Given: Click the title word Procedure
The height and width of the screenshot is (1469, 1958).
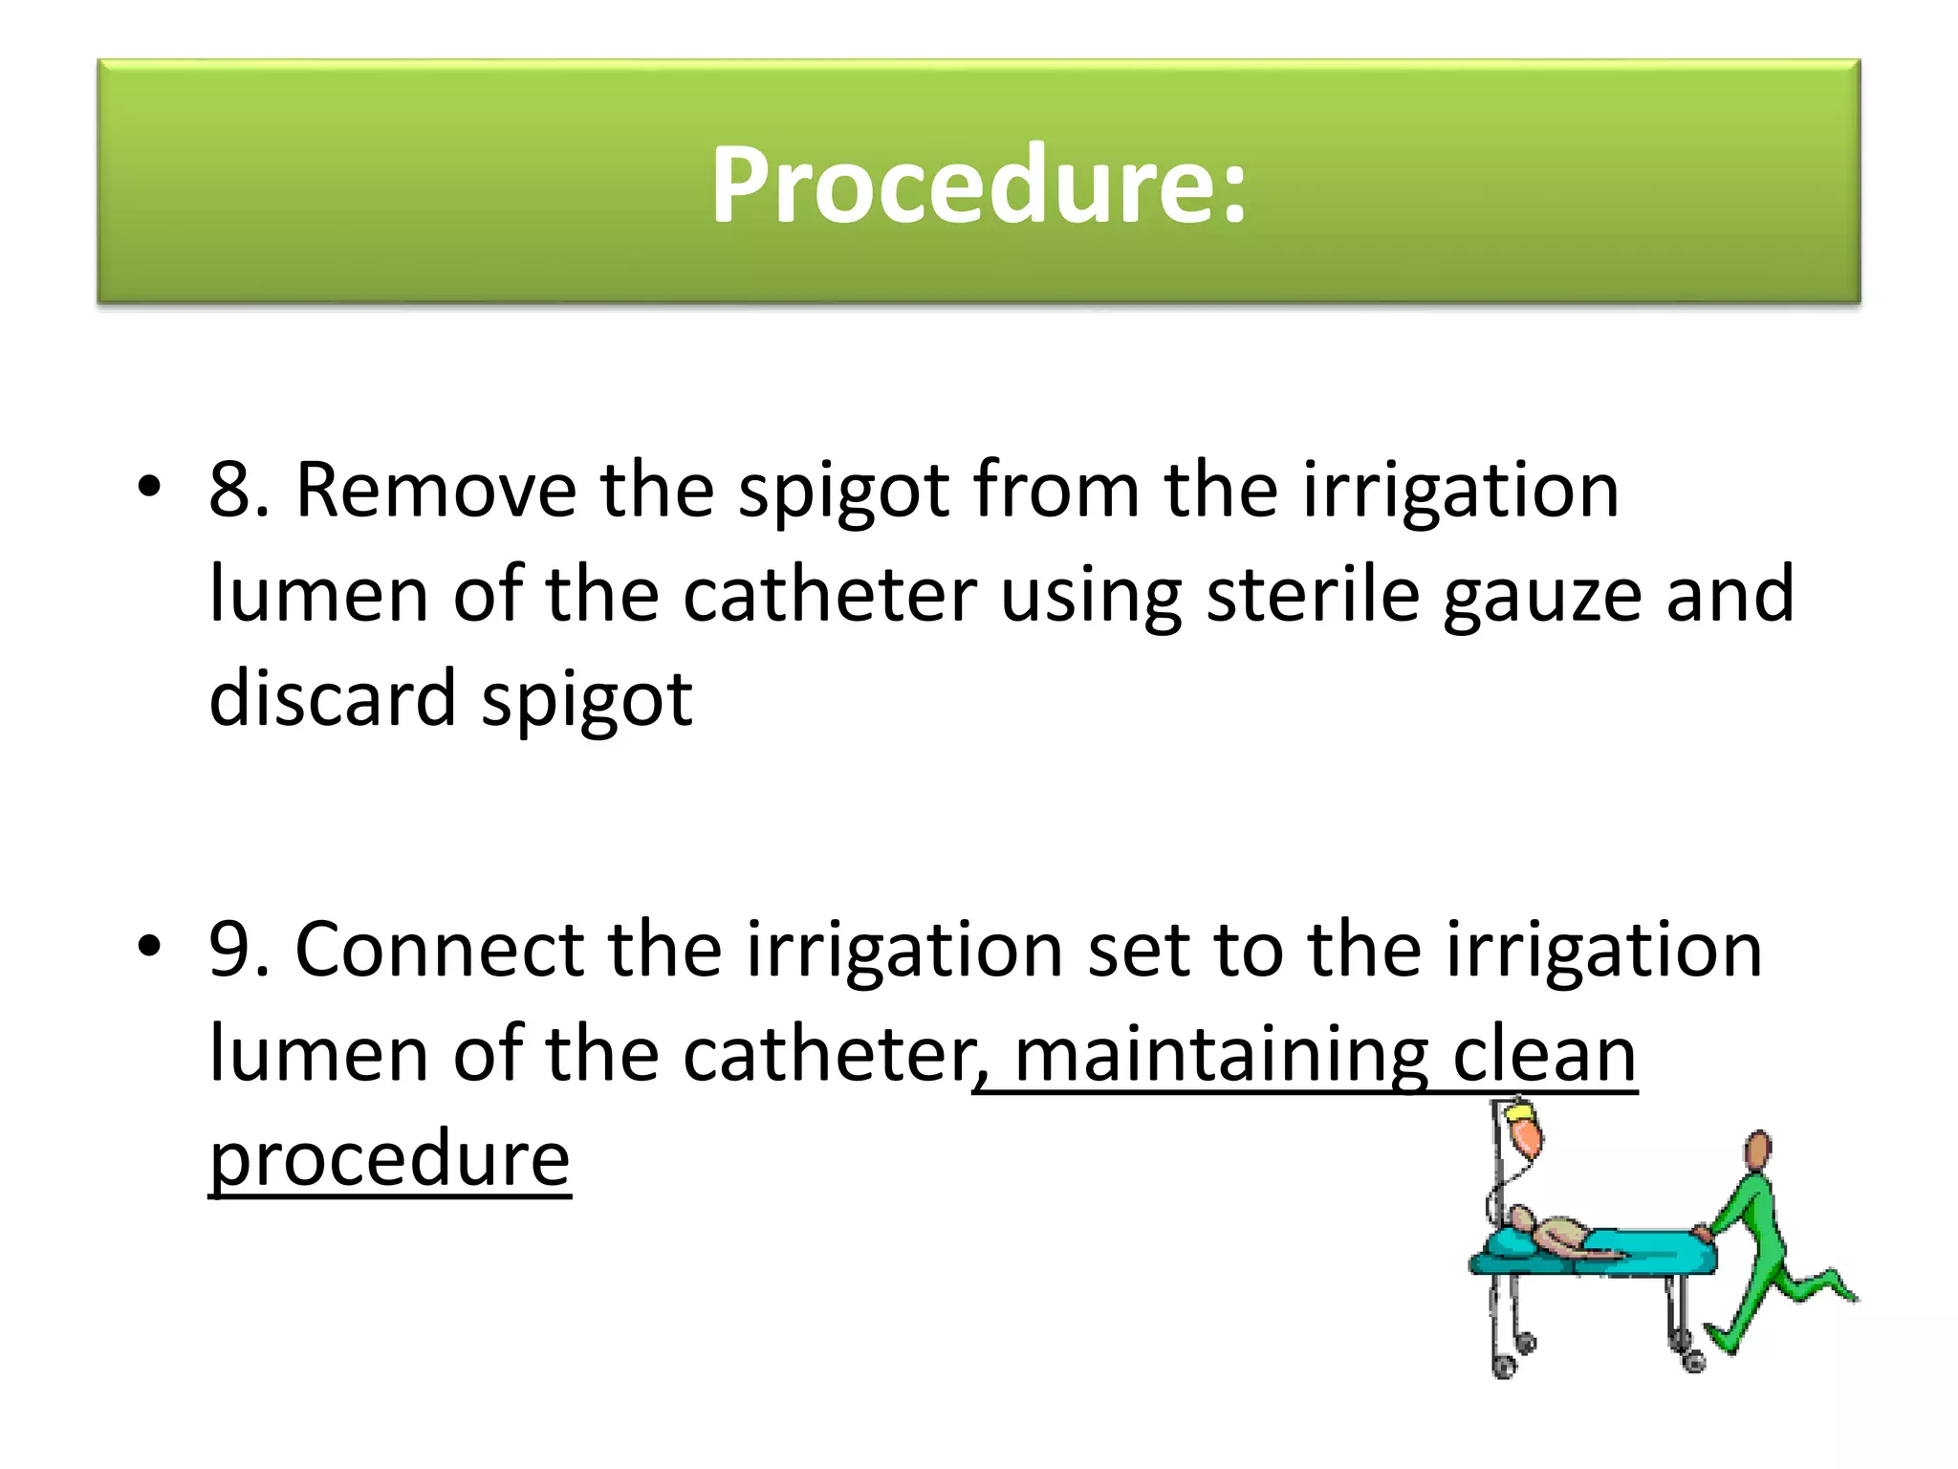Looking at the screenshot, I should pyautogui.click(x=977, y=185).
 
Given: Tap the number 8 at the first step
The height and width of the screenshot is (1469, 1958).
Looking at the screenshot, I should pyautogui.click(x=229, y=491).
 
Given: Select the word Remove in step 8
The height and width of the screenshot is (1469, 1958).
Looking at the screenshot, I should pyautogui.click(x=436, y=491).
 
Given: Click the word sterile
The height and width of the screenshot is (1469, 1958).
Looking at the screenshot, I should pyautogui.click(x=1313, y=594).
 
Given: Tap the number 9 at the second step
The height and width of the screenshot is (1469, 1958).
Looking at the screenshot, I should pyautogui.click(x=229, y=950).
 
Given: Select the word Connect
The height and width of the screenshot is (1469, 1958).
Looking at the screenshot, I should pyautogui.click(x=440, y=950).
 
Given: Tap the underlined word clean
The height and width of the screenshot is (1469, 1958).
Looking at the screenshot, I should pyautogui.click(x=1543, y=1055).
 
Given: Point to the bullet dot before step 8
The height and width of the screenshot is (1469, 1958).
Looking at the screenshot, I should pyautogui.click(x=149, y=487).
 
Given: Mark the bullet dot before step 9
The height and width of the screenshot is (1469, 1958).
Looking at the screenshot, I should pyautogui.click(x=149, y=947).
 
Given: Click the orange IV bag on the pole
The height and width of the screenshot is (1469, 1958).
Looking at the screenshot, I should pyautogui.click(x=1527, y=1134).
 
